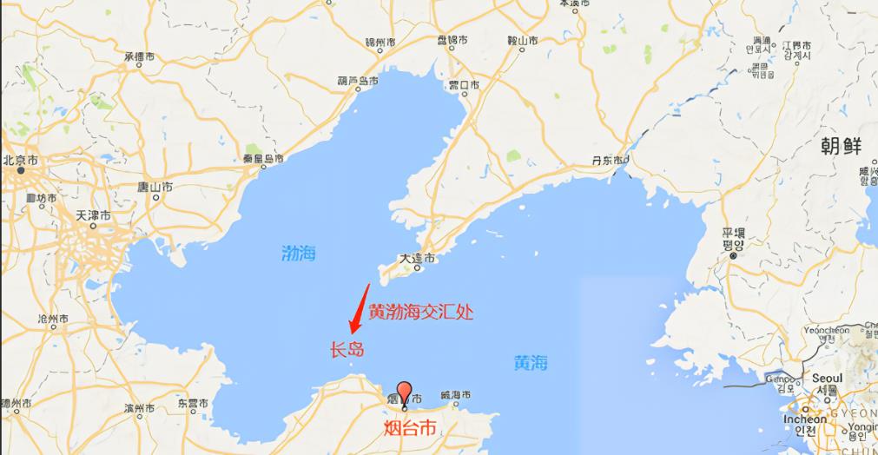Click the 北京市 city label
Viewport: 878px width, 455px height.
pyautogui.click(x=21, y=161)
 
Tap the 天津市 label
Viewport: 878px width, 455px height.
pyautogui.click(x=93, y=214)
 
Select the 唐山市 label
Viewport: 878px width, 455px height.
pyautogui.click(x=157, y=187)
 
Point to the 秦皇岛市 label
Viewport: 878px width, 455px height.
pyautogui.click(x=263, y=159)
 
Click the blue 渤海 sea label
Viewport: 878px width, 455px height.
pyautogui.click(x=299, y=254)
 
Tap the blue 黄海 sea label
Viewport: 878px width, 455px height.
pyautogui.click(x=531, y=363)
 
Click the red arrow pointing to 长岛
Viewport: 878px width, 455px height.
pyautogui.click(x=360, y=309)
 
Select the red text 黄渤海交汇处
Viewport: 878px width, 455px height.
pyautogui.click(x=421, y=312)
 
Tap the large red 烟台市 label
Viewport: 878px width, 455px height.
pyautogui.click(x=410, y=428)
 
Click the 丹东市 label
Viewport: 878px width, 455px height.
pyautogui.click(x=608, y=161)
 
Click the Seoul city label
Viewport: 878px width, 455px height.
pyautogui.click(x=828, y=378)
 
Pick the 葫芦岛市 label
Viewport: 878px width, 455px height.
pyautogui.click(x=358, y=81)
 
